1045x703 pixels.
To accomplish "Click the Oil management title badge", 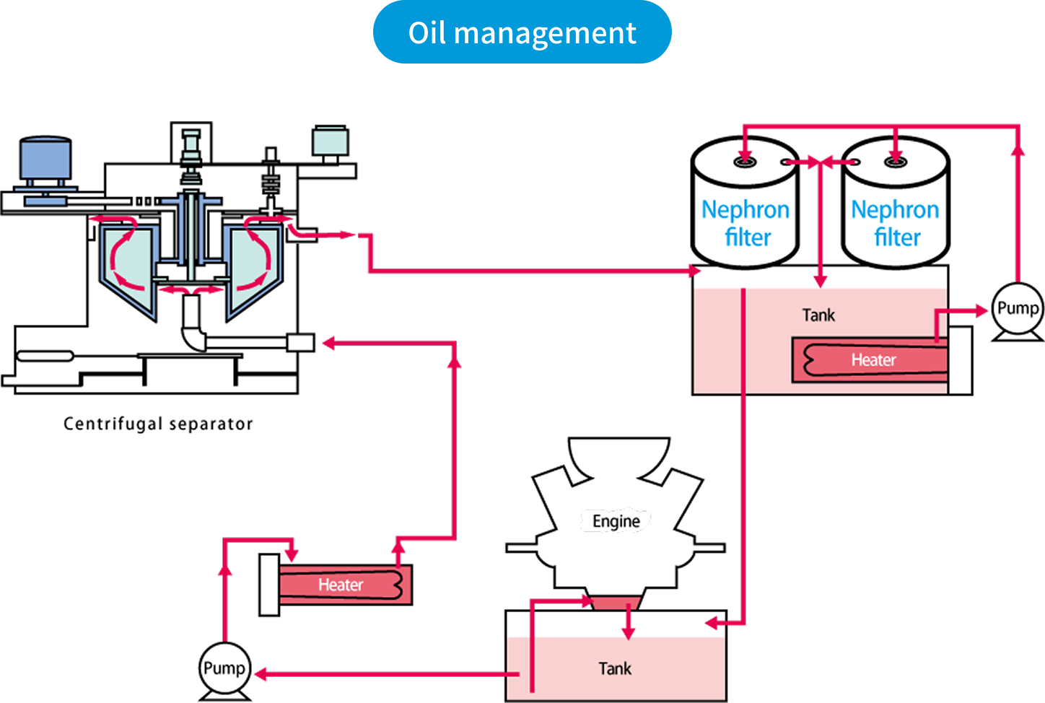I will (x=522, y=32).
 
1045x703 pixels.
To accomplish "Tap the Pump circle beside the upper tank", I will (x=1017, y=309).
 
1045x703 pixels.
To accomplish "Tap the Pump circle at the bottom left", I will (x=224, y=668).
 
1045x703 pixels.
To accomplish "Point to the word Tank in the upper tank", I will (x=818, y=315).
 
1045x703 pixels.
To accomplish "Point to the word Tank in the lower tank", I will (x=615, y=669).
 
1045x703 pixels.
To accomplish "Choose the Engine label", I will (x=616, y=521).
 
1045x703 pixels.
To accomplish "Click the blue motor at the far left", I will (x=45, y=160).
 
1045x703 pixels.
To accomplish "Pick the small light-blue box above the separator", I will (x=331, y=141).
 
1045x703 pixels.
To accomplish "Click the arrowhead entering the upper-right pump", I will (x=981, y=310).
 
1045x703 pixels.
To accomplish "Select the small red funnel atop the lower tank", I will (x=616, y=603).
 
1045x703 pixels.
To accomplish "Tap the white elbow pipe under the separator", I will (x=193, y=336).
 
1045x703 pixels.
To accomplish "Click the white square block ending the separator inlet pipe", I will (x=300, y=343).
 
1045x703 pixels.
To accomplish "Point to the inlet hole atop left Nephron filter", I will (x=745, y=162).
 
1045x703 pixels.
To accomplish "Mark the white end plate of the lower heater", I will (x=269, y=585).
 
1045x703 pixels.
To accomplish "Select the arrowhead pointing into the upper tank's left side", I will (x=694, y=271).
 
